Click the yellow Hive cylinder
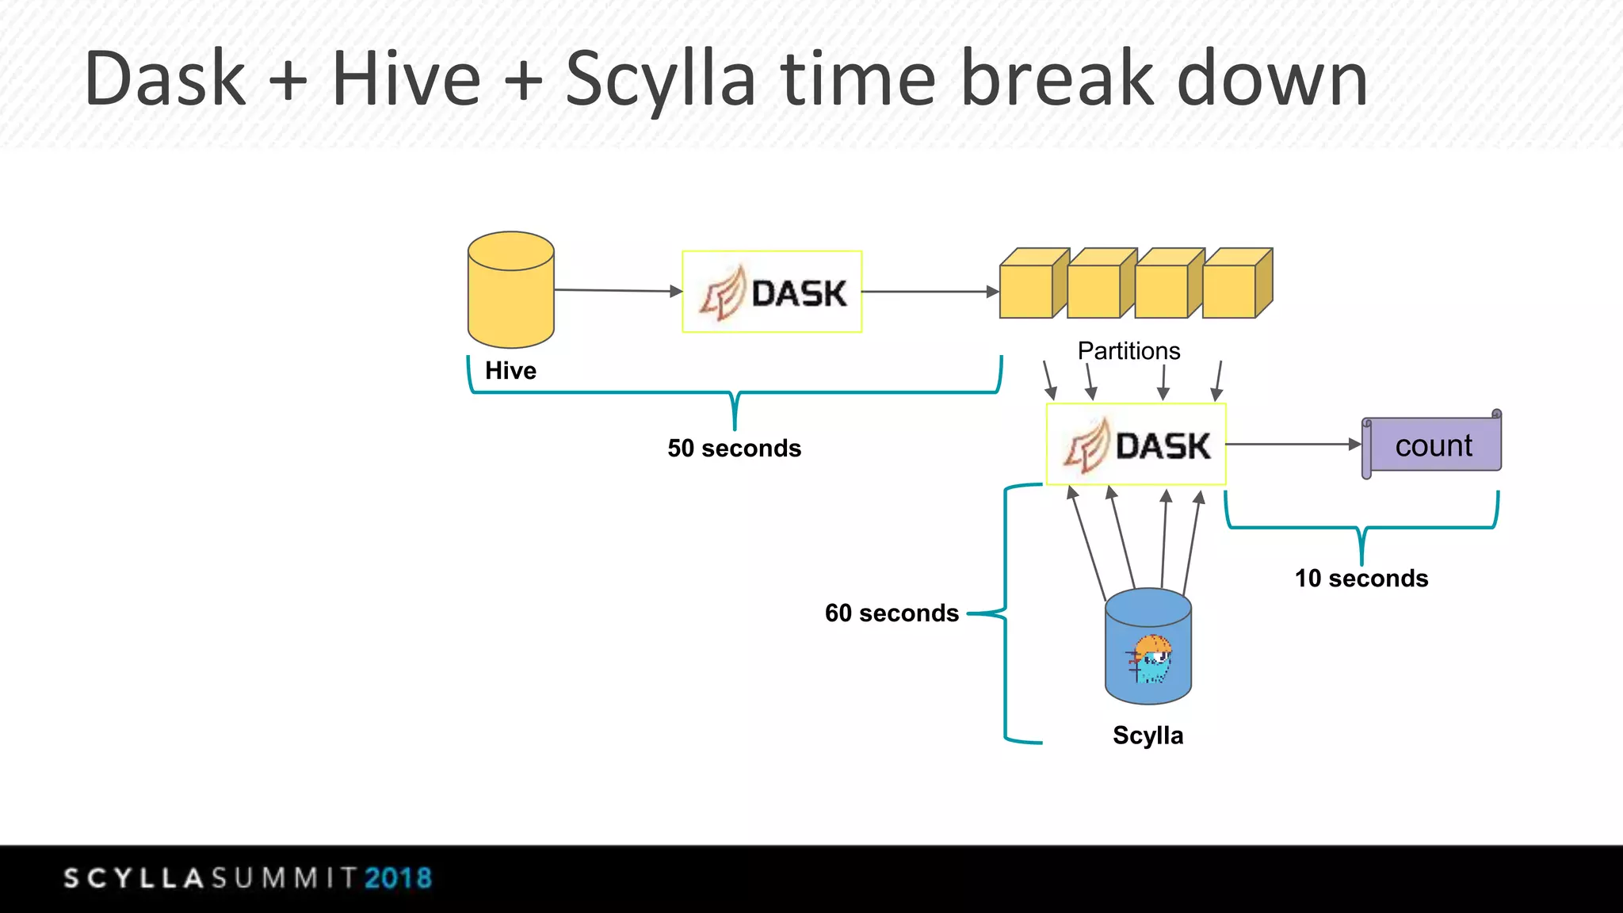510,292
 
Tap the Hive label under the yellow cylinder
510,370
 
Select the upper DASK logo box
772,292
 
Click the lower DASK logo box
1136,445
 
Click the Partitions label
1128,351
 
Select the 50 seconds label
734,449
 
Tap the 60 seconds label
892,613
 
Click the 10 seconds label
1361,579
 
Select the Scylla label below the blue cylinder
1148,735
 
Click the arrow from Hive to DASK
618,291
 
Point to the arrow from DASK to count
1292,445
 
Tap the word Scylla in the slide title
660,78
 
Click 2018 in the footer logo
398,878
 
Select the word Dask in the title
165,78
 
